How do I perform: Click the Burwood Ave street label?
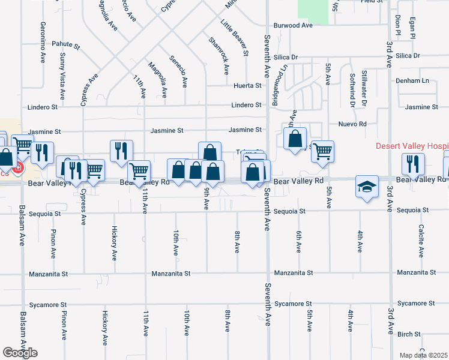click(x=294, y=26)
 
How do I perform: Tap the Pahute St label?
click(x=65, y=45)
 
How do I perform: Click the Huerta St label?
click(x=247, y=86)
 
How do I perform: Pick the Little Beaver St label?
click(x=235, y=37)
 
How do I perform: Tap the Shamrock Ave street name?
click(x=218, y=56)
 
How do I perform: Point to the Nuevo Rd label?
click(x=352, y=124)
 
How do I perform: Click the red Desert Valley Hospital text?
click(x=412, y=146)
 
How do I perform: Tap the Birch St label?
click(x=409, y=334)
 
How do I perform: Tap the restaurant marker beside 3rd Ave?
click(x=413, y=164)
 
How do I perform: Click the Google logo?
click(x=20, y=353)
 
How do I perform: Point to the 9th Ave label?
click(x=206, y=198)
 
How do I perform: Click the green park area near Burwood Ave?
click(x=313, y=11)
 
